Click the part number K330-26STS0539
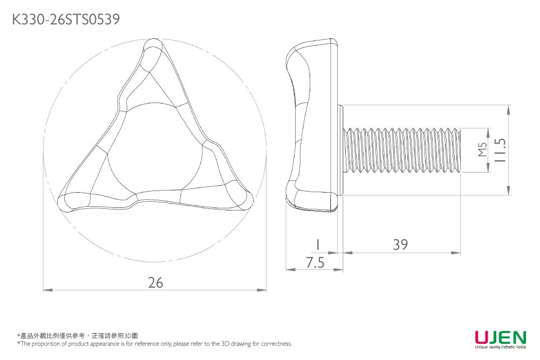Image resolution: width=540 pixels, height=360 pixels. click(x=65, y=20)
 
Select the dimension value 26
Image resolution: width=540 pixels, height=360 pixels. click(x=155, y=282)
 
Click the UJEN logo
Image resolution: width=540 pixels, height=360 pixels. click(x=500, y=338)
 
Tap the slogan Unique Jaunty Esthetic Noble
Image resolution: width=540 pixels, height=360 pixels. click(x=500, y=348)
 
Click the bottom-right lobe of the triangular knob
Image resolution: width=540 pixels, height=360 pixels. click(x=240, y=196)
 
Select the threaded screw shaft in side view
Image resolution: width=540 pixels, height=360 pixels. click(x=402, y=151)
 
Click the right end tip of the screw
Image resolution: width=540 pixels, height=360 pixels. click(x=460, y=151)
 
